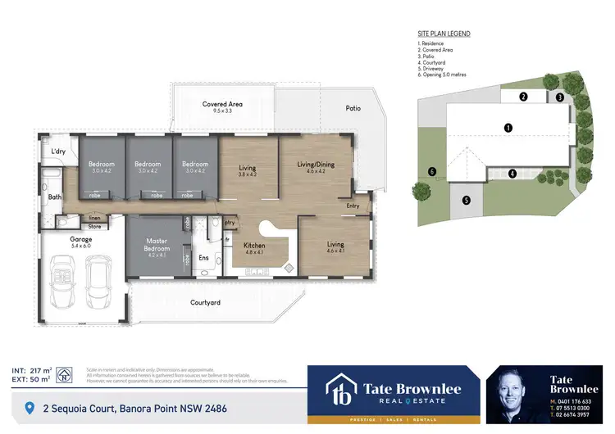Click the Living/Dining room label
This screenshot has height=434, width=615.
click(x=316, y=164)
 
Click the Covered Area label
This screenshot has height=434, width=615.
click(x=222, y=104)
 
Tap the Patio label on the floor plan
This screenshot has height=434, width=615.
click(x=353, y=107)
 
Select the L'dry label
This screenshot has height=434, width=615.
click(x=58, y=151)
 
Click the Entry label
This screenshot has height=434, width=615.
click(x=353, y=206)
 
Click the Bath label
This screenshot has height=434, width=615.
click(x=54, y=197)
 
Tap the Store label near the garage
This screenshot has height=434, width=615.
click(x=94, y=226)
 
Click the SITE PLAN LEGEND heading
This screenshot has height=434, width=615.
click(x=444, y=34)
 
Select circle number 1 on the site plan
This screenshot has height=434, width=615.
click(x=508, y=128)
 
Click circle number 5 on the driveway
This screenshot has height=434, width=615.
click(x=466, y=200)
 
